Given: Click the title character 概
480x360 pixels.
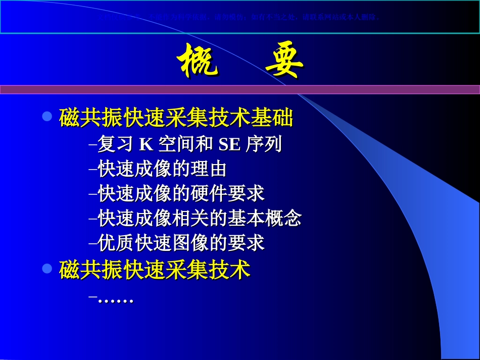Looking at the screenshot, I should point(198,61).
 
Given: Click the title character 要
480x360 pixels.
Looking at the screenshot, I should point(284,61).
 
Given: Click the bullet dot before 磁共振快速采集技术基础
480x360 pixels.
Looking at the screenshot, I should point(47,117).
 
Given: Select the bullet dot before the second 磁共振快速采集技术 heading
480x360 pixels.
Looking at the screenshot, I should point(47,269).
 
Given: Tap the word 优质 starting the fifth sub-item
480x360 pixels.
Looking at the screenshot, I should point(111,243).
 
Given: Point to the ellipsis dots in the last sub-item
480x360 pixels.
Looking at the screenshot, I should point(115,300).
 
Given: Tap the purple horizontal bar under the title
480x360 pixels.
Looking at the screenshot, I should point(240,89).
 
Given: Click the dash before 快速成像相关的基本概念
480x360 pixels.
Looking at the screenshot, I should point(92,219).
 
